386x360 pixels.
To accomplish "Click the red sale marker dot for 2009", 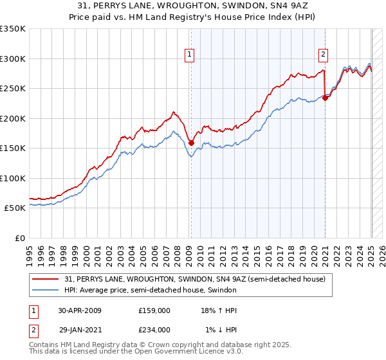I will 191,143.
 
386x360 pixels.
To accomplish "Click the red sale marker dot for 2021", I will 325,98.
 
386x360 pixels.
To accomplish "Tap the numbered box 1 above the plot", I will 190,55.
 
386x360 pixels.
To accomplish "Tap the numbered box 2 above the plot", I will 323,55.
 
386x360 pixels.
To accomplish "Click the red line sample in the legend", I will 46,279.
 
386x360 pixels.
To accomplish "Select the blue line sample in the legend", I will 46,291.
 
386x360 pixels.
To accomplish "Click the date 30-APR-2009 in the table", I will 80,310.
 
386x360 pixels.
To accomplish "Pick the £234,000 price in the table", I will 154,329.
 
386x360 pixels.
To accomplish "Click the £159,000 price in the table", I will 154,310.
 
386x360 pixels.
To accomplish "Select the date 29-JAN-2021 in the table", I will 80,329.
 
